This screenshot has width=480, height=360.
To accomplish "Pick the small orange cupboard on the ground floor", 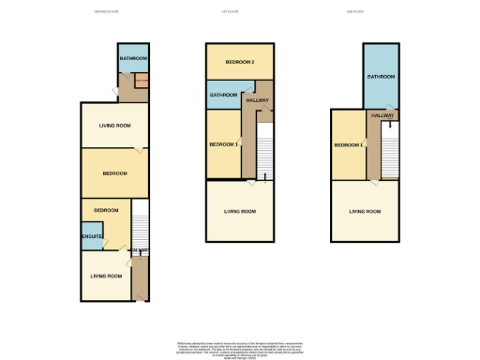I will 141,82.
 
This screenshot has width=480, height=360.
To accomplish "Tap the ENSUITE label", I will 91,236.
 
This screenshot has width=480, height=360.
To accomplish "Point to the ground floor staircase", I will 140,225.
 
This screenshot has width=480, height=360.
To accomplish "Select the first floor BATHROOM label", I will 223,95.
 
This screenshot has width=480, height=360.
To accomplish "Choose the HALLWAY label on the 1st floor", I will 258,100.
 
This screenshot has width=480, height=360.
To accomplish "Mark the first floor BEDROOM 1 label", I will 222,144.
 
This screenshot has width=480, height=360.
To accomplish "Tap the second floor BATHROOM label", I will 380,77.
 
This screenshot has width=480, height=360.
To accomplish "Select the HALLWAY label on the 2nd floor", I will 382,114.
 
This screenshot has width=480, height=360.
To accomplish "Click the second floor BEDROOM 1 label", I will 348,144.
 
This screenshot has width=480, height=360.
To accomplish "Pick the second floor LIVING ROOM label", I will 365,212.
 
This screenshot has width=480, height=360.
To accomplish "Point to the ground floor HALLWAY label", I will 139,250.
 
